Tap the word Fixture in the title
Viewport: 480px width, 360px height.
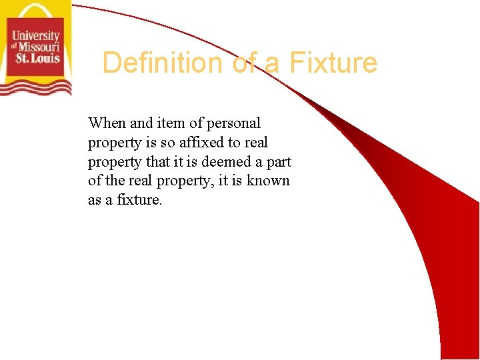(333, 63)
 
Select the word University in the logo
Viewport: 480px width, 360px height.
(35, 37)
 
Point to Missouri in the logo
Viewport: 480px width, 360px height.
(39, 47)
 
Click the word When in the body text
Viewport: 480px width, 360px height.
(107, 123)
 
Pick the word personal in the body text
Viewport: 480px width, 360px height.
(233, 123)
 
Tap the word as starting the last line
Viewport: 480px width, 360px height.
(95, 200)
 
